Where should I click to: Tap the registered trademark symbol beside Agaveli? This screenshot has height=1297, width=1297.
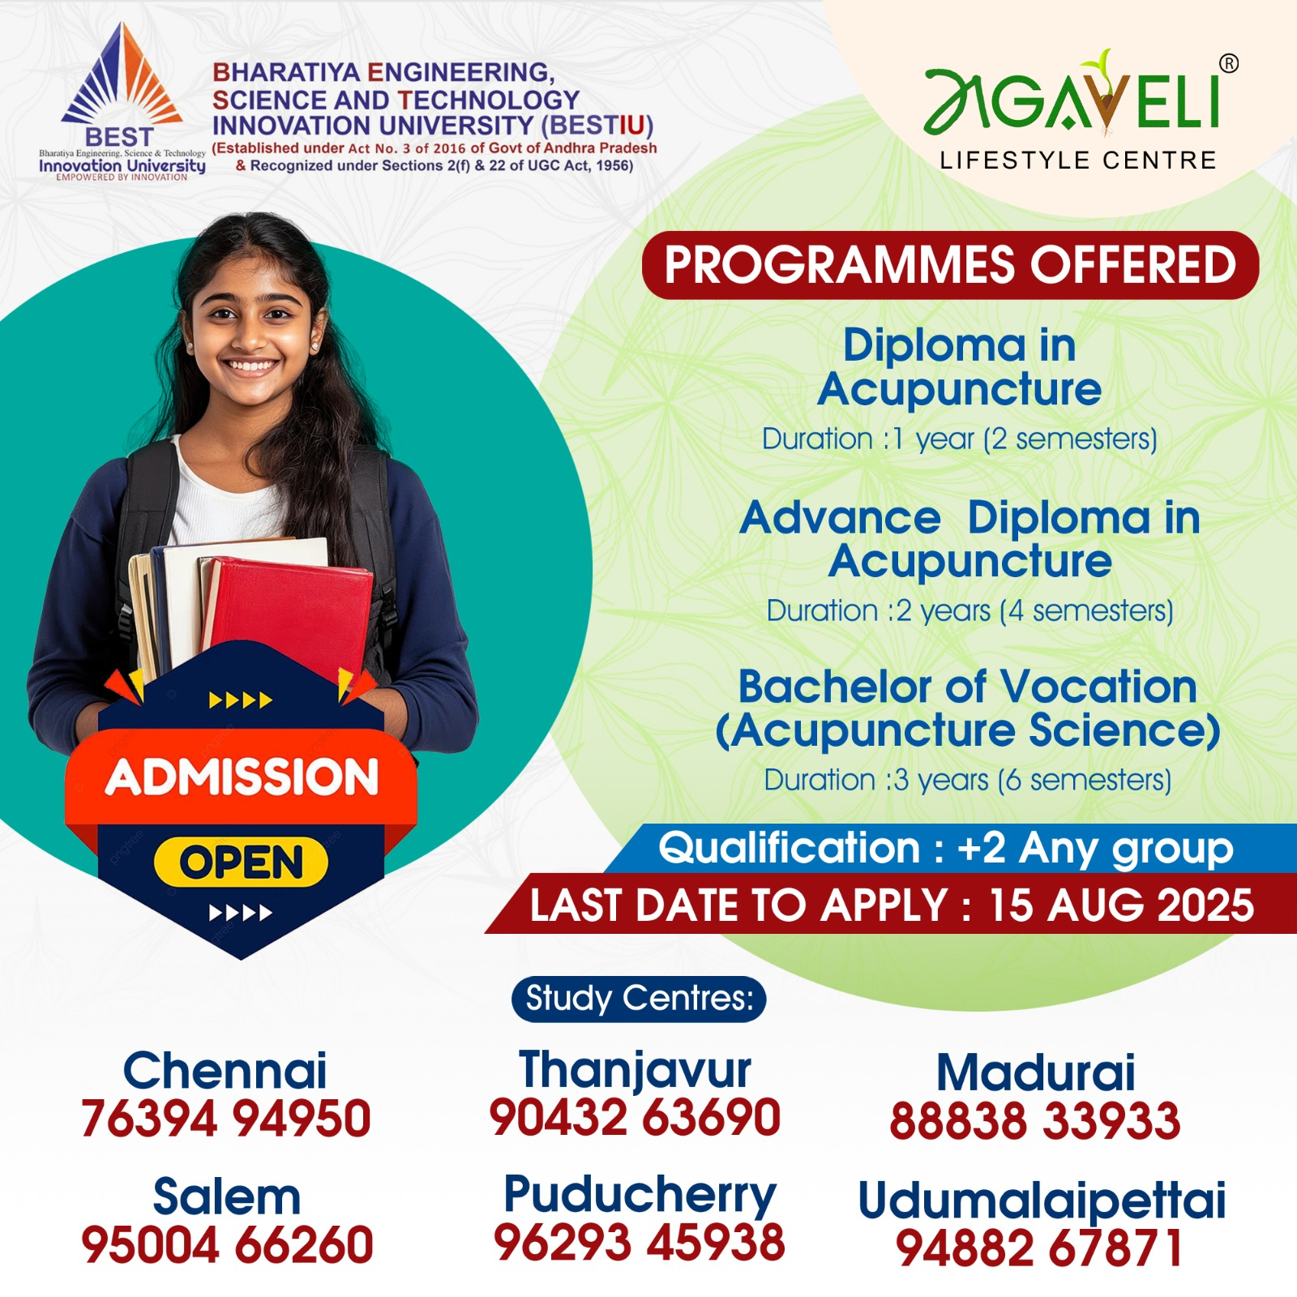(x=1229, y=63)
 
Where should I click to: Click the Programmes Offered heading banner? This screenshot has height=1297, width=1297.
(x=950, y=265)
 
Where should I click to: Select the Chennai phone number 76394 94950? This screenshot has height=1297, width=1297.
(x=226, y=1119)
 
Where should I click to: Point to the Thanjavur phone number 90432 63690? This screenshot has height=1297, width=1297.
(x=635, y=1117)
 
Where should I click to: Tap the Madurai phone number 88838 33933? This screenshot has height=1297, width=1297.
(x=1035, y=1121)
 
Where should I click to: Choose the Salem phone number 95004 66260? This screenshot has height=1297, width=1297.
(x=227, y=1245)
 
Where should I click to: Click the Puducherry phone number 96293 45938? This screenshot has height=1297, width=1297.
(x=640, y=1242)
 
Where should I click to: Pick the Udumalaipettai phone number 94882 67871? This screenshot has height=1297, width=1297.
(x=1039, y=1248)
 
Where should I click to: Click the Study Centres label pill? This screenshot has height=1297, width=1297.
(x=639, y=999)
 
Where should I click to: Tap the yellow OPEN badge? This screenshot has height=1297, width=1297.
(x=241, y=861)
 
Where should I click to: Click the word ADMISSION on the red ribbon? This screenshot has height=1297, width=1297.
(x=242, y=777)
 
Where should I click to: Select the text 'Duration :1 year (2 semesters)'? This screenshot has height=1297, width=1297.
(x=960, y=439)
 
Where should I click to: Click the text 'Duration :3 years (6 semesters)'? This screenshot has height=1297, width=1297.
(x=968, y=781)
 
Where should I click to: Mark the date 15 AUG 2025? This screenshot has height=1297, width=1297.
(x=1121, y=905)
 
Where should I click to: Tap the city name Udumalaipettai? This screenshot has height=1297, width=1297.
(x=1042, y=1201)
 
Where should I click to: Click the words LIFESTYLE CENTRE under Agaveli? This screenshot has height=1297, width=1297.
(x=1078, y=161)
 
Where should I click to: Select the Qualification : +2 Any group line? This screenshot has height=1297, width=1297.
(x=946, y=849)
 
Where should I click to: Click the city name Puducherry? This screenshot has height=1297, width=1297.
(x=640, y=1196)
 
